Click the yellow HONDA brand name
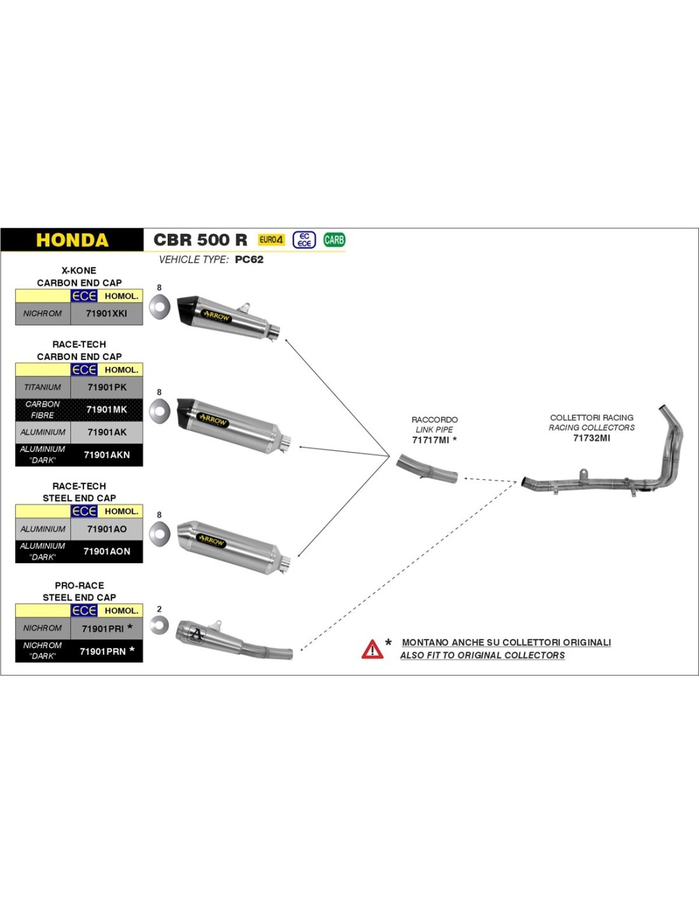click(x=72, y=240)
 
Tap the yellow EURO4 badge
click(x=271, y=240)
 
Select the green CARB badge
click(x=334, y=240)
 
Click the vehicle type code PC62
click(x=249, y=259)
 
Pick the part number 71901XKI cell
click(x=107, y=313)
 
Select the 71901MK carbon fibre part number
click(x=107, y=409)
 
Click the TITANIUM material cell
click(x=43, y=387)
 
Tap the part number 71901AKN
click(x=107, y=455)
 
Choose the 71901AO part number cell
click(x=107, y=529)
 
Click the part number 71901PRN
click(x=102, y=651)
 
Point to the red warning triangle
click(x=372, y=649)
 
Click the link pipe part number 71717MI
click(x=431, y=440)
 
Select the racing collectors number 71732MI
click(x=591, y=438)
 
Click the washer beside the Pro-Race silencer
click(x=159, y=626)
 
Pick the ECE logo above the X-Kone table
click(x=84, y=296)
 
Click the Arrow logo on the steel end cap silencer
click(x=211, y=540)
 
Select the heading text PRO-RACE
click(x=79, y=586)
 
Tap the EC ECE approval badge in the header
click(x=304, y=240)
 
